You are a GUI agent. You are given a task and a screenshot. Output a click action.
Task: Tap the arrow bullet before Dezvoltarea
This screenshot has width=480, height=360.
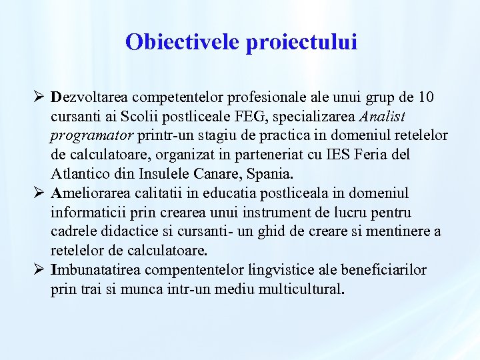click(x=39, y=97)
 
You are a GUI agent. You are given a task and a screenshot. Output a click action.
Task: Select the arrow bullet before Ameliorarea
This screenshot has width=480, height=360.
click(x=39, y=193)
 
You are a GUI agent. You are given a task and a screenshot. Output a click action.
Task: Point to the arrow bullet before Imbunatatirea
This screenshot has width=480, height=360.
click(x=39, y=271)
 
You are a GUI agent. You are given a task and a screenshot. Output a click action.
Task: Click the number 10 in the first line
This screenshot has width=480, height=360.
click(x=426, y=97)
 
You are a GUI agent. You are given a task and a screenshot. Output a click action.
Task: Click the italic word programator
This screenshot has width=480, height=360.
click(x=93, y=136)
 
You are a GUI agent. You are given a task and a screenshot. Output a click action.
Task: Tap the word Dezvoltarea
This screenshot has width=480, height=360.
click(x=96, y=97)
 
